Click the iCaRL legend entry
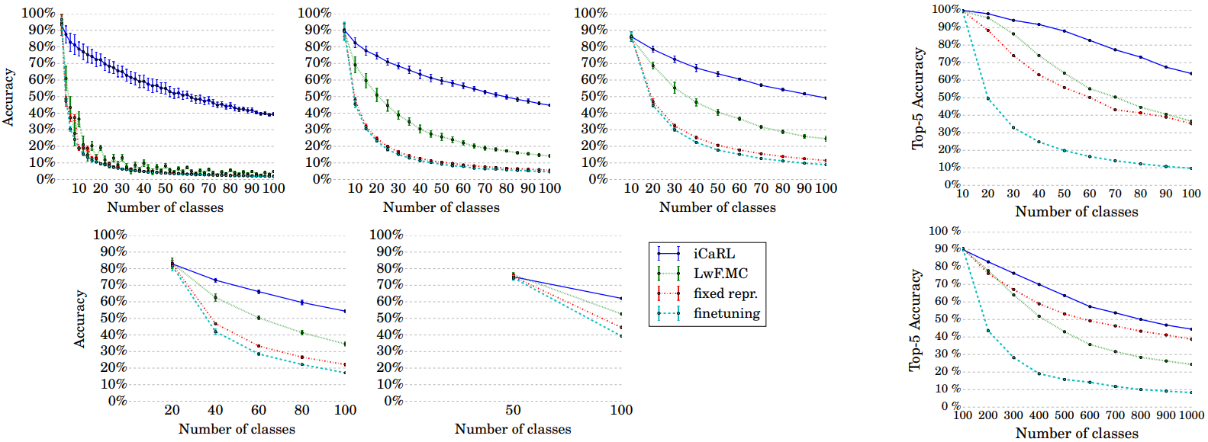(x=714, y=254)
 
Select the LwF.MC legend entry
(x=720, y=274)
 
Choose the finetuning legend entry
(x=726, y=313)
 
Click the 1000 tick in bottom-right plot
(x=1191, y=415)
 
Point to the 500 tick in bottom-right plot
(x=1065, y=415)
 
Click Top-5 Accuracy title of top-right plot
(x=918, y=98)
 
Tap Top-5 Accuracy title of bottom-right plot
(x=915, y=320)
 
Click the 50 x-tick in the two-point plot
(x=513, y=410)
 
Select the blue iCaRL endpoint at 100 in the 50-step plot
(x=621, y=298)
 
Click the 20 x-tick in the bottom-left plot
(x=172, y=410)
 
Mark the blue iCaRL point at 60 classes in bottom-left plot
(x=259, y=292)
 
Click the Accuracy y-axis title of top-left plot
(x=8, y=97)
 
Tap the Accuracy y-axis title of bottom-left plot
(x=79, y=319)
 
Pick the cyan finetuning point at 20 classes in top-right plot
(x=988, y=98)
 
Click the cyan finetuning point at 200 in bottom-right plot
(x=988, y=331)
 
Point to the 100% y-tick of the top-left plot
(x=38, y=13)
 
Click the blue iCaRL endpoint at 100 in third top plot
(x=826, y=98)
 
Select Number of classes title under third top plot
(x=717, y=207)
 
